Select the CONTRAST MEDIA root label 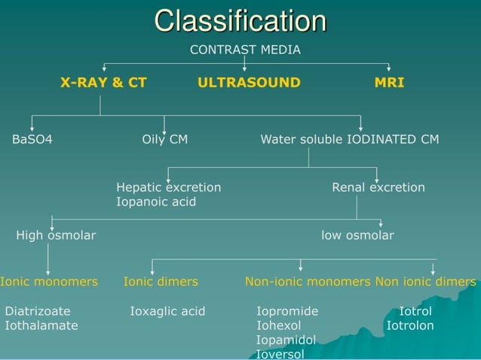click(245, 50)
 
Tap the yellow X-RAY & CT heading click(103, 83)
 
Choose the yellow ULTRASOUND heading click(249, 83)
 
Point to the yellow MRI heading click(389, 83)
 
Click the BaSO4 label click(32, 139)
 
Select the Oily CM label click(165, 139)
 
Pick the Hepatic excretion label click(169, 188)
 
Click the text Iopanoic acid click(156, 202)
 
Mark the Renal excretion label click(378, 188)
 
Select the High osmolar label click(56, 235)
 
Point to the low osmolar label click(357, 235)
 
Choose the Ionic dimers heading click(161, 282)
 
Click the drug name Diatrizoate click(38, 311)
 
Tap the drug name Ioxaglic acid click(167, 311)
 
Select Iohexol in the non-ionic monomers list click(279, 325)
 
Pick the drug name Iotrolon click(410, 325)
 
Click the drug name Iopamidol click(286, 340)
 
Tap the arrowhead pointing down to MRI click(389, 69)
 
